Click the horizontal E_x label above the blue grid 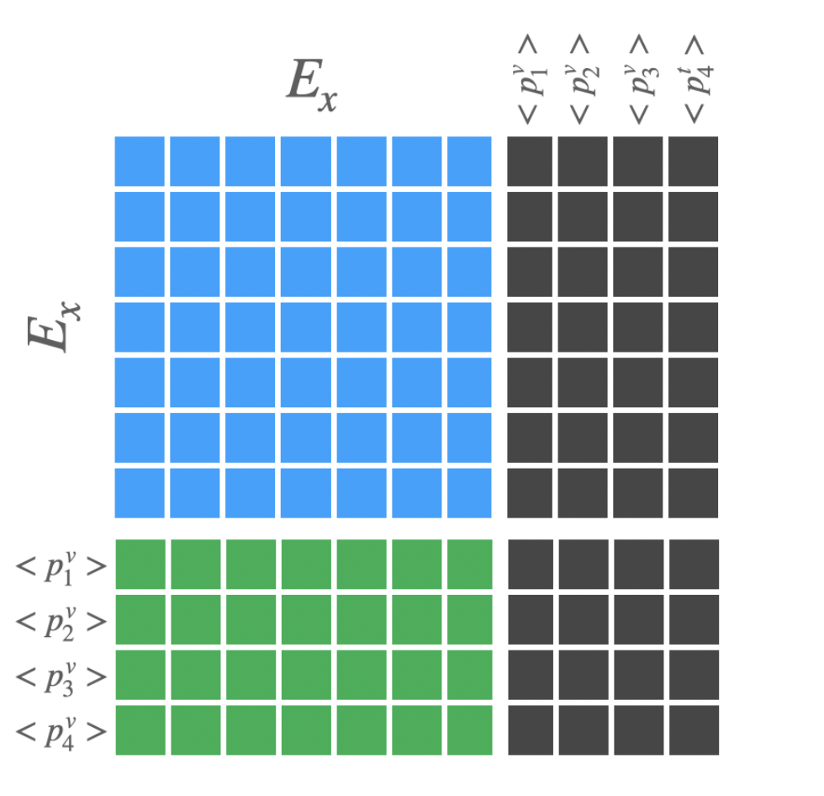(x=312, y=85)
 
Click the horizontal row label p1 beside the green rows (x=61, y=565)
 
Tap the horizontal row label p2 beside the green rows (x=61, y=620)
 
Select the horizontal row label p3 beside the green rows (x=61, y=676)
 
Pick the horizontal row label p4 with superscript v (x=61, y=730)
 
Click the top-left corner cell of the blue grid (x=140, y=161)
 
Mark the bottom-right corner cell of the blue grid (x=469, y=492)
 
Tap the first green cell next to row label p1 (x=140, y=564)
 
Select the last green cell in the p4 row (x=469, y=730)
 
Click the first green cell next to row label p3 (x=140, y=675)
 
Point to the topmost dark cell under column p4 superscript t (x=694, y=161)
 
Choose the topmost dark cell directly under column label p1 (x=530, y=161)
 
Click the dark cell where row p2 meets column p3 (x=638, y=619)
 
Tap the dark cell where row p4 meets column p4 (x=694, y=730)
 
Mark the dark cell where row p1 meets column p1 (x=531, y=564)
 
